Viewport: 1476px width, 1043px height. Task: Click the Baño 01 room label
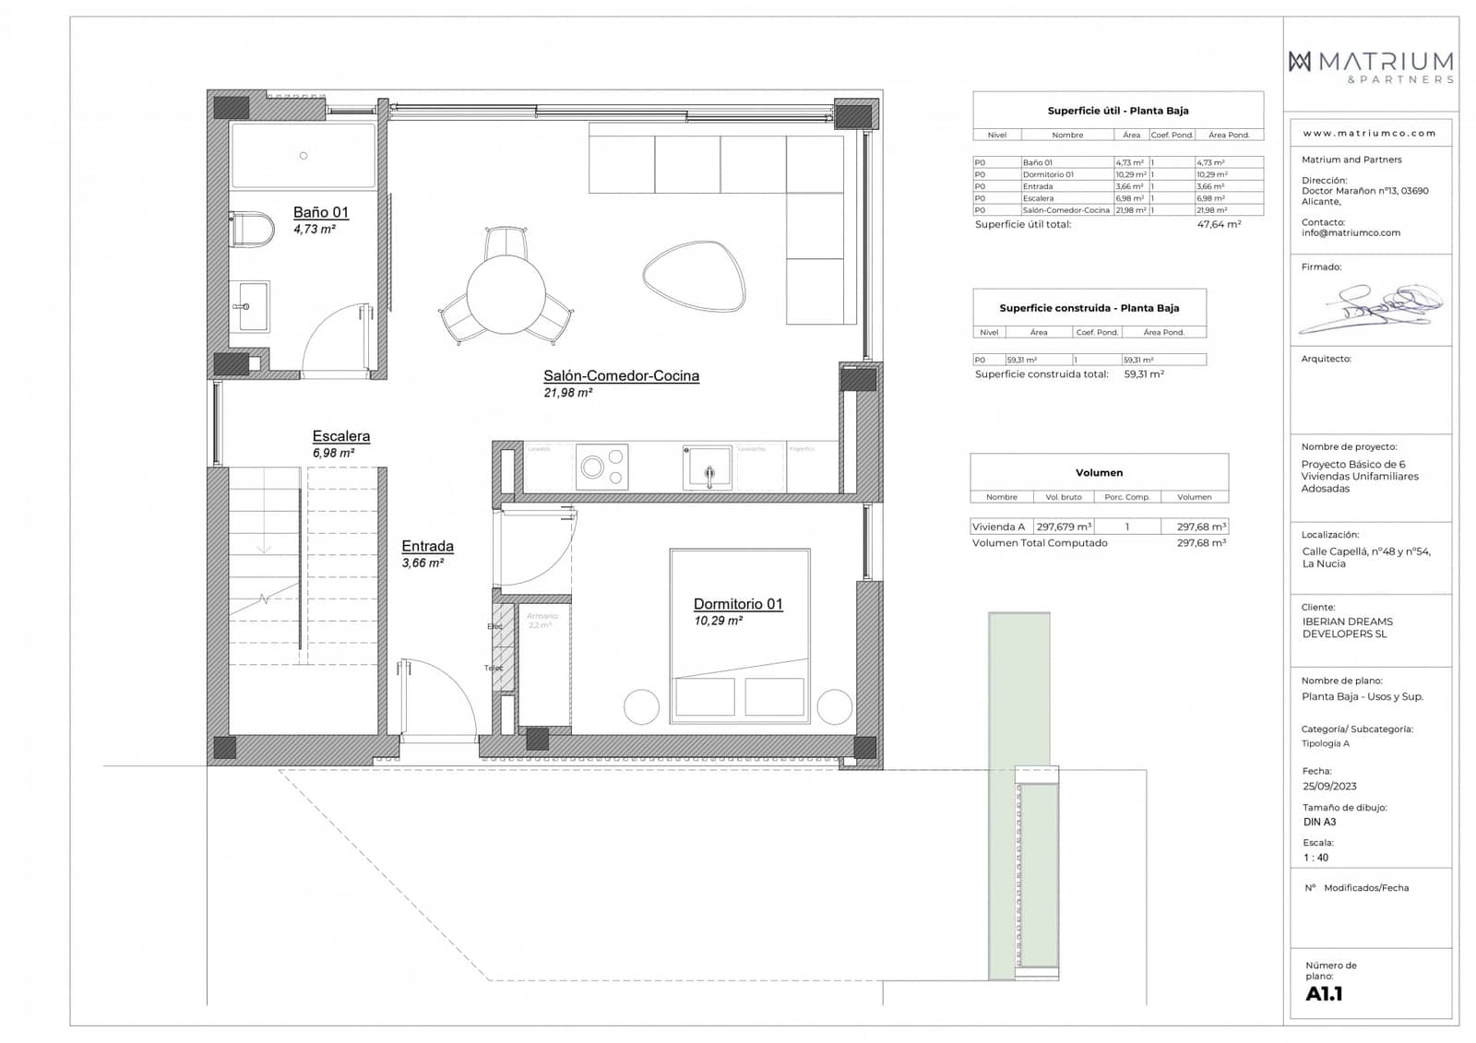tap(320, 212)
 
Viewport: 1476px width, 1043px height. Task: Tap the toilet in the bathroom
tap(253, 229)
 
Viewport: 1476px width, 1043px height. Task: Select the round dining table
tap(505, 295)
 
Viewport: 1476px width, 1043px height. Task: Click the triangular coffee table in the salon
tap(693, 275)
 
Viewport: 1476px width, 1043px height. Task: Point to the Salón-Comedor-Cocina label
tap(621, 375)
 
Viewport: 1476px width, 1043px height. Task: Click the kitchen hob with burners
tap(601, 467)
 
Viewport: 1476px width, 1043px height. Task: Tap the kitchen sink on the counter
tap(708, 468)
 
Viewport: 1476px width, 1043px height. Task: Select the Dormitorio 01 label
tap(738, 604)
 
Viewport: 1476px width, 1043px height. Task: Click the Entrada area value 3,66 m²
tap(423, 563)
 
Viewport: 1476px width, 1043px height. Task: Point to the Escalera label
tap(340, 436)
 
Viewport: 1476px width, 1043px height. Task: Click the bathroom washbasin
tap(250, 306)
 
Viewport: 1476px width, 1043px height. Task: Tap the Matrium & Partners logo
tap(1371, 66)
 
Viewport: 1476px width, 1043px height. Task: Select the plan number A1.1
tap(1324, 994)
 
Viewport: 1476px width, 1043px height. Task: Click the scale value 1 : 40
tap(1316, 858)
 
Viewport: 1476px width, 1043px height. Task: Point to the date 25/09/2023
tap(1329, 787)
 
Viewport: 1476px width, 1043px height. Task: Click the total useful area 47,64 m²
tap(1219, 224)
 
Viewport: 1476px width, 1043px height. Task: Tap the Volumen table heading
tap(1099, 472)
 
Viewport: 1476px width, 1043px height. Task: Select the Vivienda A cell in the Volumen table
tap(998, 527)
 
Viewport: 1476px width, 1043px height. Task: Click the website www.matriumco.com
tap(1369, 133)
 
